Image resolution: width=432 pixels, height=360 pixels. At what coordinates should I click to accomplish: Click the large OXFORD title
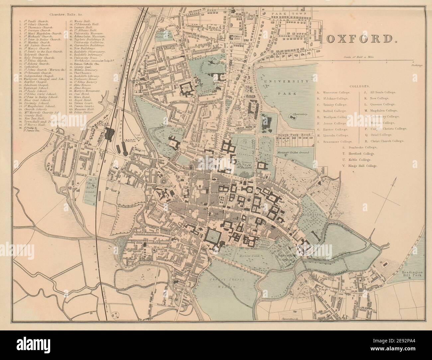tap(364, 39)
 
